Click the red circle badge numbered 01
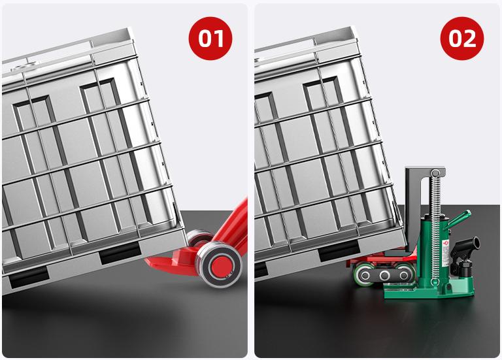(210, 39)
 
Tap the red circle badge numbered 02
(462, 39)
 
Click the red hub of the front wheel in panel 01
(220, 265)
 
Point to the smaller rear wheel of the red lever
(199, 238)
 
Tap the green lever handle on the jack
(459, 218)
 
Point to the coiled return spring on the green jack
(435, 227)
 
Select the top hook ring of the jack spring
(435, 174)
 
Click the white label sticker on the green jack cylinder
(446, 254)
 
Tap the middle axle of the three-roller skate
(384, 275)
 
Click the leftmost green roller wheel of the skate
(363, 274)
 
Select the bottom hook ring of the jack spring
(435, 282)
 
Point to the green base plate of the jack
(429, 291)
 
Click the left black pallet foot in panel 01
(29, 276)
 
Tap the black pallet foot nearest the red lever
(120, 252)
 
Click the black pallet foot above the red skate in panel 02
(339, 250)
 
